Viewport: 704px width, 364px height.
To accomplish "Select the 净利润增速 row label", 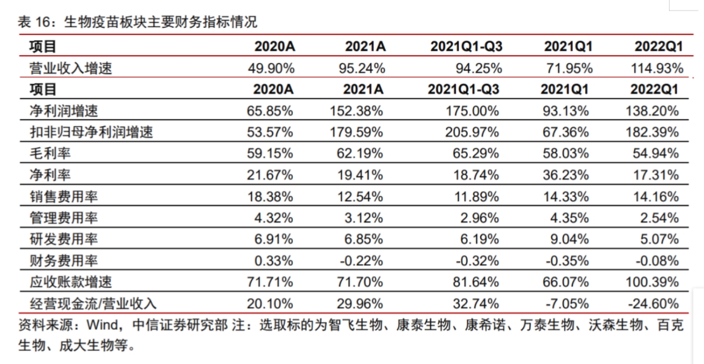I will [64, 111].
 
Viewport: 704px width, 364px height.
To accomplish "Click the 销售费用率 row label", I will [64, 197].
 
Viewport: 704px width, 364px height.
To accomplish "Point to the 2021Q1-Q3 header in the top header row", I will [466, 47].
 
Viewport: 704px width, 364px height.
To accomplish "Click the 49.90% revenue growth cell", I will [271, 68].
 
